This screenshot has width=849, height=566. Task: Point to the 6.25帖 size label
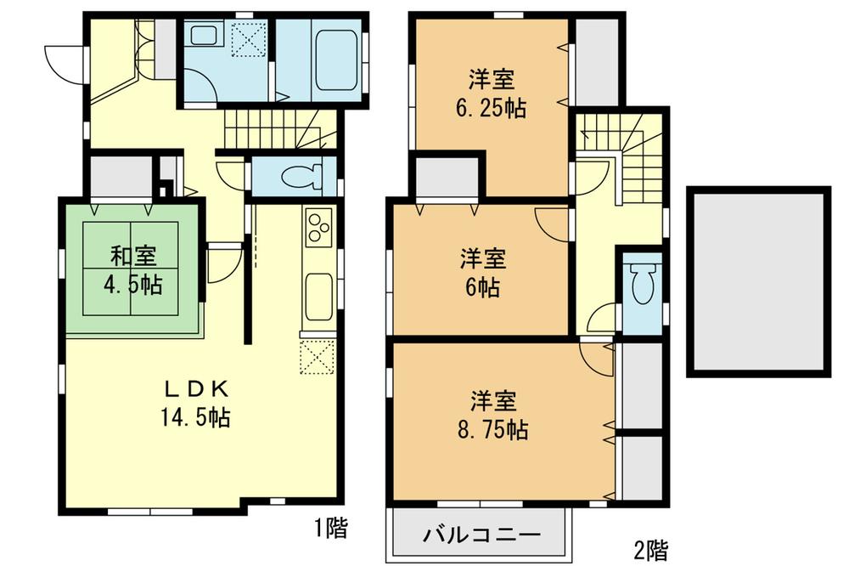(489, 107)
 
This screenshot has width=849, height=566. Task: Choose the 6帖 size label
(481, 286)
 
